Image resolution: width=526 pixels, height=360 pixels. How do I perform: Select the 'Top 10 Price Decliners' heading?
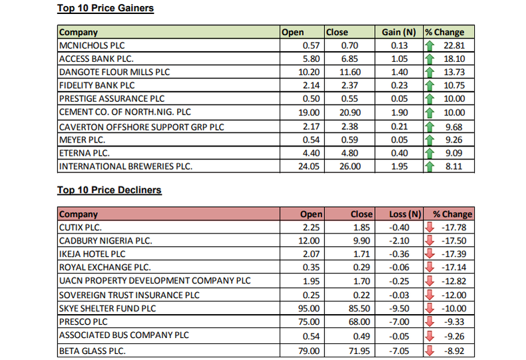tap(109, 190)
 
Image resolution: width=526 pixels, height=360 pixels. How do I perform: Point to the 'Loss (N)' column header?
tap(405, 214)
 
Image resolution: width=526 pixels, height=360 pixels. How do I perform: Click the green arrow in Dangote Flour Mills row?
tap(429, 73)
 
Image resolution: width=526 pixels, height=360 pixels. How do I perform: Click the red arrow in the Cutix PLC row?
tap(429, 228)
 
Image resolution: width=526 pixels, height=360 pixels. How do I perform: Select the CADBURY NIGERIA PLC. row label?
tap(105, 240)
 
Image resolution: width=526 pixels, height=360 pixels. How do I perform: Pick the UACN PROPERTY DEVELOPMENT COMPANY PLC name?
tap(155, 281)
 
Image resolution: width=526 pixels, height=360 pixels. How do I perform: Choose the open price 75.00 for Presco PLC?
tap(311, 321)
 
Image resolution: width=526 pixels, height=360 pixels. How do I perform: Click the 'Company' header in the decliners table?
tap(79, 214)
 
